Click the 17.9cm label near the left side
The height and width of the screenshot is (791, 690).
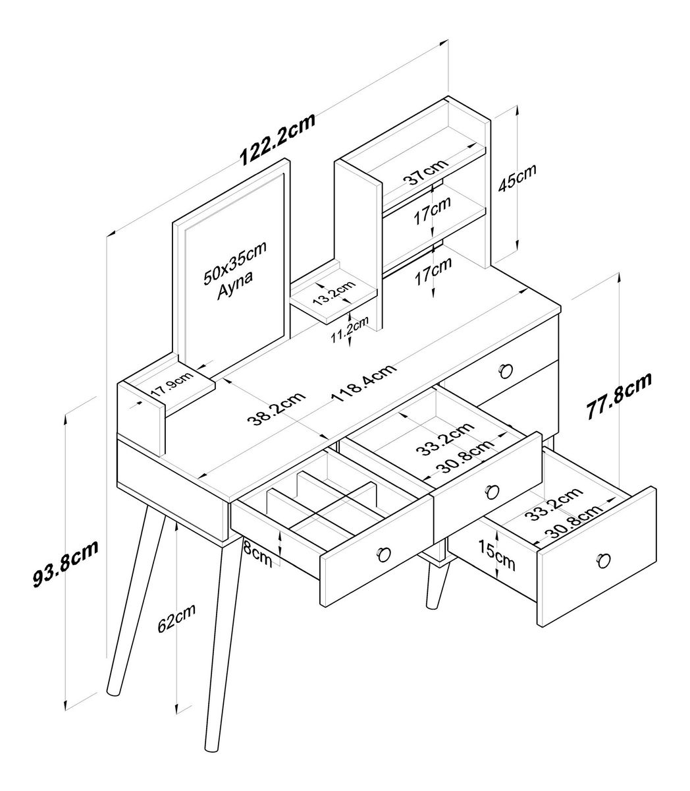171,384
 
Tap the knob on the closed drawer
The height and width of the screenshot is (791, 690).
506,370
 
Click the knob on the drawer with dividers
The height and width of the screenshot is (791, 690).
385,554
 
